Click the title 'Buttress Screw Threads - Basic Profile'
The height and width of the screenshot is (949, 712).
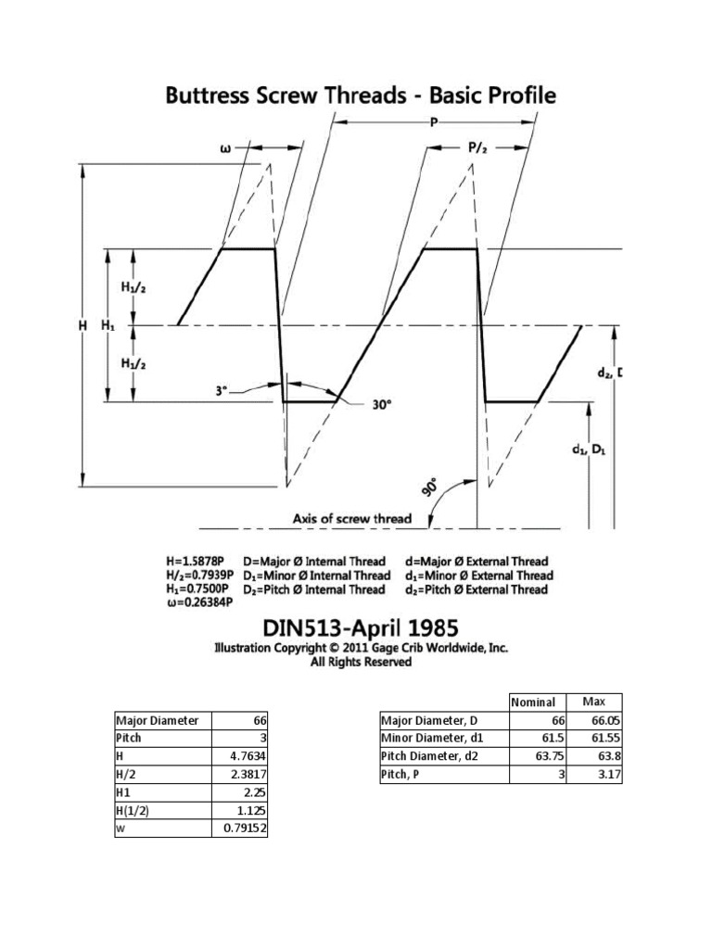[361, 96]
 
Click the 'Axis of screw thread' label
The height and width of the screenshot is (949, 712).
[352, 519]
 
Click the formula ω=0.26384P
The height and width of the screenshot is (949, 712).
[200, 603]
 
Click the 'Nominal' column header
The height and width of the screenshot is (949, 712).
[533, 702]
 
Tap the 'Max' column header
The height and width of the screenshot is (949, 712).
[593, 702]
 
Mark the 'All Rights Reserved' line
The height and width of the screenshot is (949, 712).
[362, 663]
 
